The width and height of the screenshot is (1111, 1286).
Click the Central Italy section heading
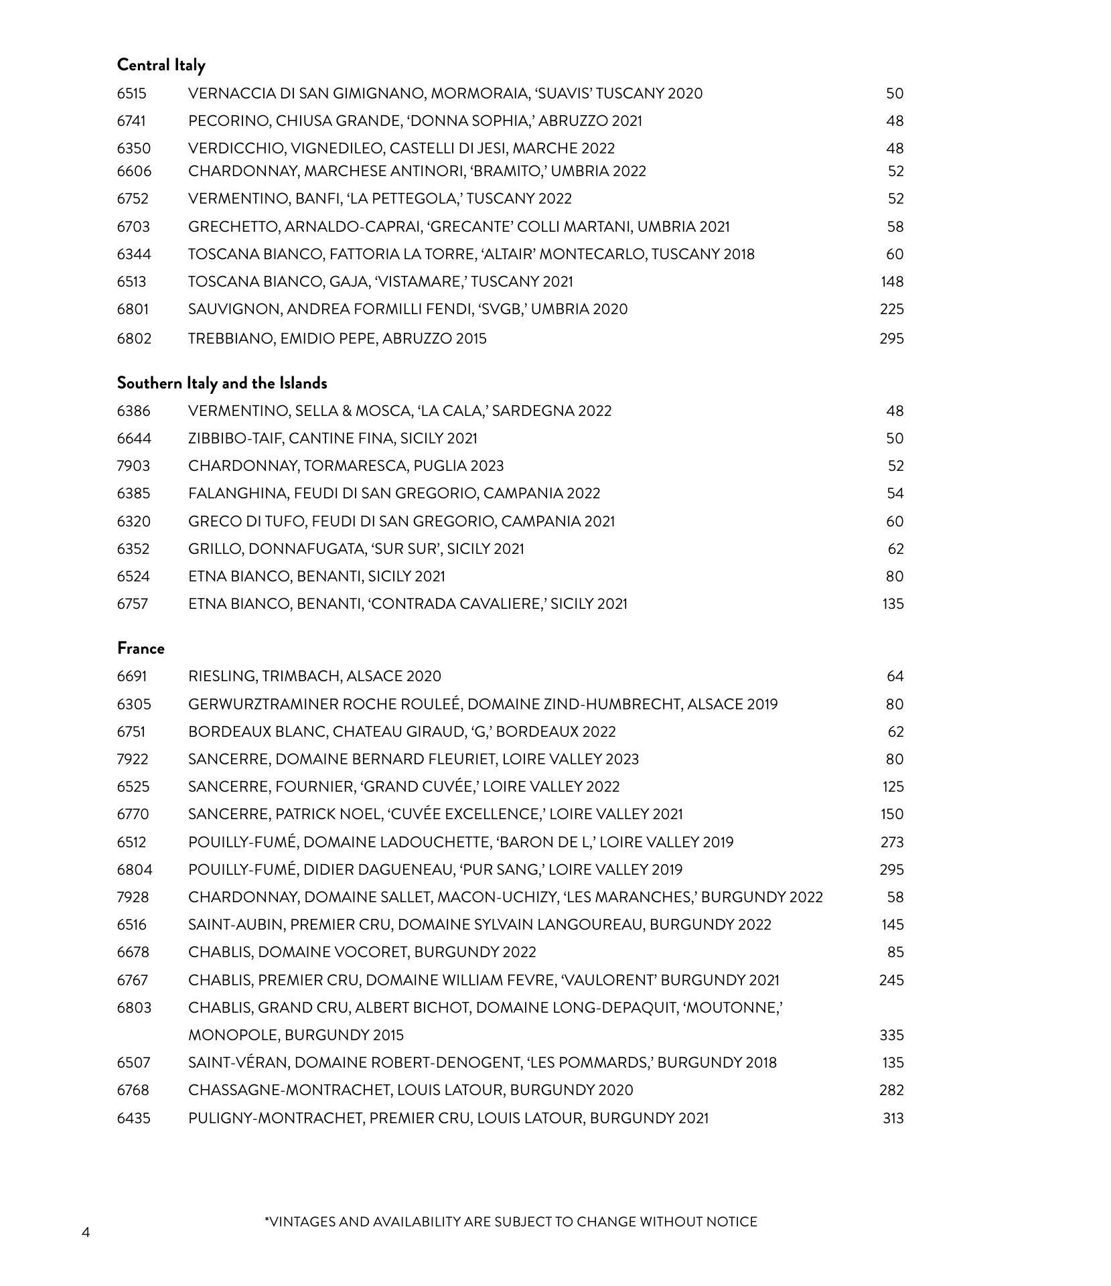coord(161,65)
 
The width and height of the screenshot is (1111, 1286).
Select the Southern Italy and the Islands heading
coord(222,383)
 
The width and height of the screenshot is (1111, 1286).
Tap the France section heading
coord(141,648)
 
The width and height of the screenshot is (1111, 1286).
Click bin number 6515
coord(131,94)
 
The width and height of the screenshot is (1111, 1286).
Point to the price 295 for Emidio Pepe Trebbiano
coord(891,339)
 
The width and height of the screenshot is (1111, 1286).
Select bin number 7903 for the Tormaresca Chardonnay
coord(133,466)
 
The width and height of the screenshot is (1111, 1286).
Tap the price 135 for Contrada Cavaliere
coord(893,604)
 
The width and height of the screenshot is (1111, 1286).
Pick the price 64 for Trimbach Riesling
coord(895,676)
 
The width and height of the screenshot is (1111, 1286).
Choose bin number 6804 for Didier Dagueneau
coord(135,870)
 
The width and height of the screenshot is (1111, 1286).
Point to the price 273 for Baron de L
coord(892,843)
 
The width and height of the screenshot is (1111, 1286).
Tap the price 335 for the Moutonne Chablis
coord(891,1035)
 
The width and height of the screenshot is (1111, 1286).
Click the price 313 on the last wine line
coord(893,1119)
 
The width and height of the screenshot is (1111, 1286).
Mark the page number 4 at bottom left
coord(86,1232)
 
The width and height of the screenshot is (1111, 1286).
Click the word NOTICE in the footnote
coord(731,1222)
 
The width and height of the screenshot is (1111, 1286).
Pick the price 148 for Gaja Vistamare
coord(892,282)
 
